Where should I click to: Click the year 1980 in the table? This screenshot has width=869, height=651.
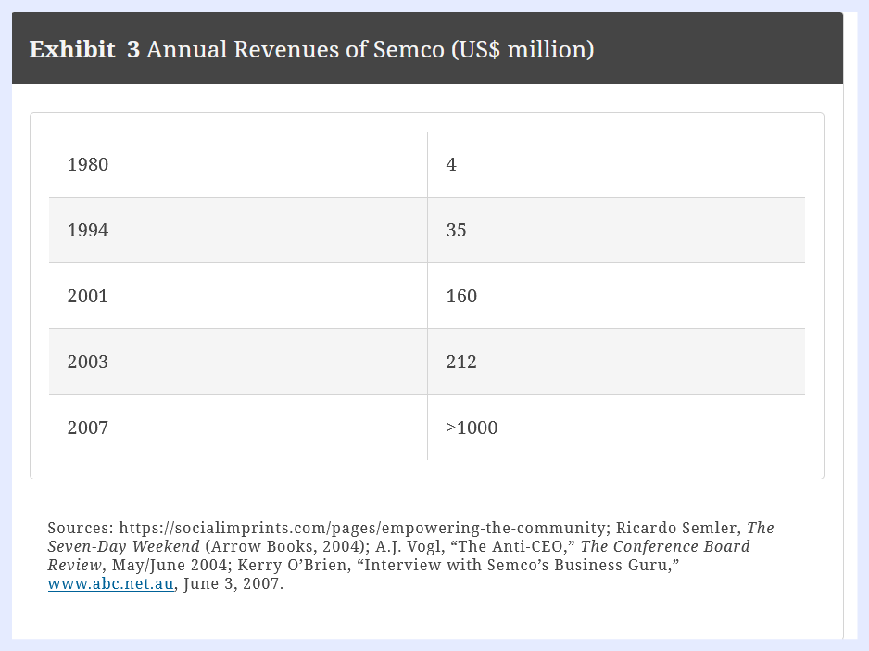[88, 165]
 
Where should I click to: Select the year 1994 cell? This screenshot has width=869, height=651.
[88, 231]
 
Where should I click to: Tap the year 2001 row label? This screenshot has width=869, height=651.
[88, 297]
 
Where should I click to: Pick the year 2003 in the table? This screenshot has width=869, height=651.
[88, 363]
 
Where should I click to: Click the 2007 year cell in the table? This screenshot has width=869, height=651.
[88, 428]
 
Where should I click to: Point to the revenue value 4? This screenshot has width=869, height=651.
[451, 165]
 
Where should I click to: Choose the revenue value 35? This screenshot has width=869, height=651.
[456, 231]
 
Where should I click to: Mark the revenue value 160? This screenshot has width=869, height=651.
[461, 297]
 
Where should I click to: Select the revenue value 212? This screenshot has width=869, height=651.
[461, 363]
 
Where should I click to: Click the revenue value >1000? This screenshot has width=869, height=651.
[472, 428]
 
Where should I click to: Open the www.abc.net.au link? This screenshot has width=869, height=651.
[110, 584]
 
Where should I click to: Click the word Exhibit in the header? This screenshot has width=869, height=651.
[72, 49]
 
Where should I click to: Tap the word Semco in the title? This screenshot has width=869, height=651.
[409, 49]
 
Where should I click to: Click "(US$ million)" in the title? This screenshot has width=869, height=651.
[523, 49]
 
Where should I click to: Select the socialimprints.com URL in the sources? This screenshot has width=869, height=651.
[362, 529]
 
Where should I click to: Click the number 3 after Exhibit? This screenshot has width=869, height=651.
[133, 49]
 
